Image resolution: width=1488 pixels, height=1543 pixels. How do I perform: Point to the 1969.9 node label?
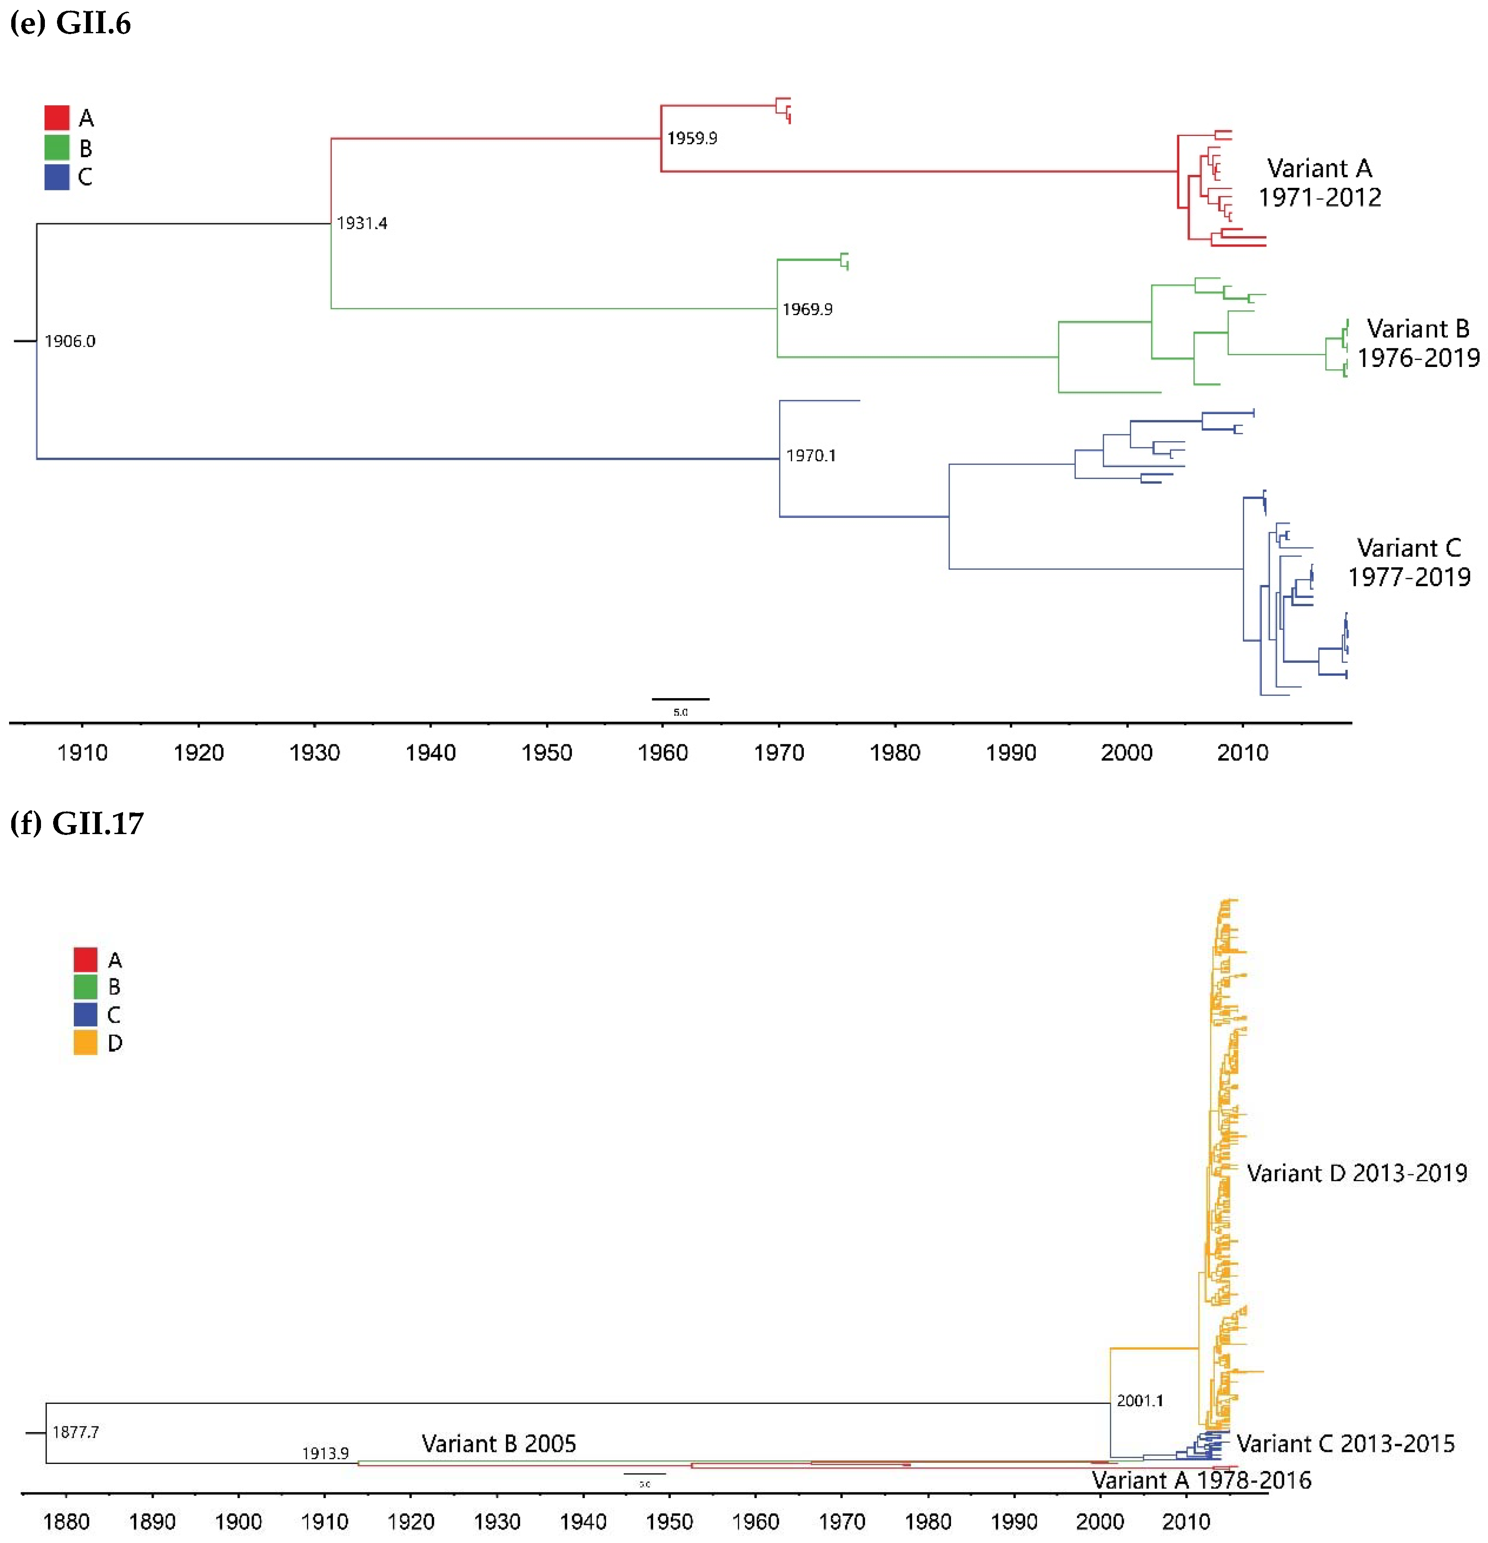click(x=806, y=310)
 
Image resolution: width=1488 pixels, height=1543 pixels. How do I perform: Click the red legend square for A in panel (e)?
click(x=57, y=118)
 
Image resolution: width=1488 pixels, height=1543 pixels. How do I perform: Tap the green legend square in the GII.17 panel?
click(x=85, y=987)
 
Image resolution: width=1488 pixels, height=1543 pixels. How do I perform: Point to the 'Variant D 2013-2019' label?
click(x=1356, y=1173)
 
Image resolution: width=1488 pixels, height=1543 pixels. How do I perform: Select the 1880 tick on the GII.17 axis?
click(x=66, y=1521)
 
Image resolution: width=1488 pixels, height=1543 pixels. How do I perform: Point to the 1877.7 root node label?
click(x=76, y=1432)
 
